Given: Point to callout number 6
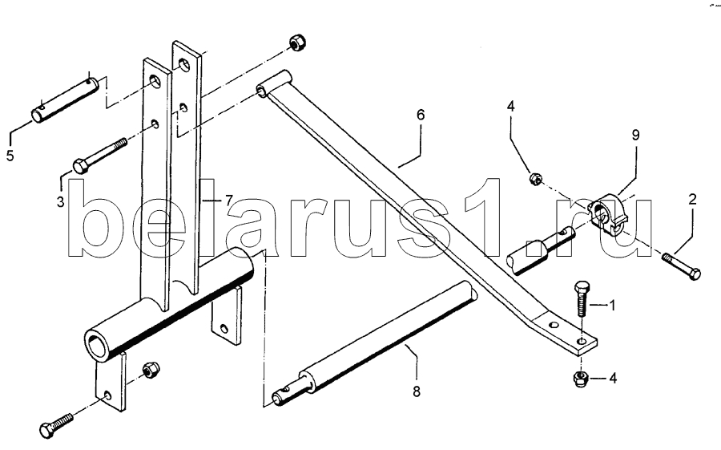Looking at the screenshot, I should [x=420, y=116].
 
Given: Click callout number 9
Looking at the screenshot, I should [x=634, y=136].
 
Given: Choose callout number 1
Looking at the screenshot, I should [x=613, y=306].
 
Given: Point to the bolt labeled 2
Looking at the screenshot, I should [x=680, y=266].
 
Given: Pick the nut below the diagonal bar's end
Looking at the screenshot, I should [x=581, y=379].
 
